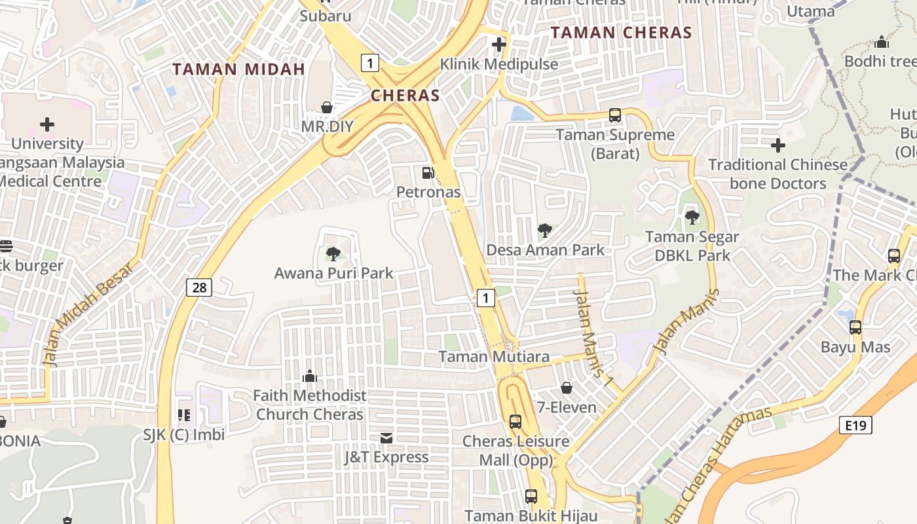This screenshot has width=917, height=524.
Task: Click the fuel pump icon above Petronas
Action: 428,173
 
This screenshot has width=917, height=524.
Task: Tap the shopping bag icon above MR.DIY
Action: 327,107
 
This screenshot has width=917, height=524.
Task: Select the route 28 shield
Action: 198,287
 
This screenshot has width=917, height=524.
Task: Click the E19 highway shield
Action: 855,426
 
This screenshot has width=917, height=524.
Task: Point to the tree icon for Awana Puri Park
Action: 333,254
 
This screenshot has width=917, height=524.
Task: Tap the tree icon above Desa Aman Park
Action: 544,231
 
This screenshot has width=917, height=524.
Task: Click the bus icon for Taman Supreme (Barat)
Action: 615,115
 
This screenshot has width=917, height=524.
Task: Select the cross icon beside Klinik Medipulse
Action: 499,45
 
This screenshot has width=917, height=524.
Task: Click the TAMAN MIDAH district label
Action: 239,69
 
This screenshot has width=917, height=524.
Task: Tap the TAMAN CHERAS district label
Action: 621,32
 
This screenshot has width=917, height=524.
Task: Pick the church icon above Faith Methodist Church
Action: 310,376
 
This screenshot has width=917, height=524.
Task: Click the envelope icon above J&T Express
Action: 386,438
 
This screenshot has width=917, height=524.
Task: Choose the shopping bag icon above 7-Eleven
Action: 567,388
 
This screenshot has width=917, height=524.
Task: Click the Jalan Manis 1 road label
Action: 592,334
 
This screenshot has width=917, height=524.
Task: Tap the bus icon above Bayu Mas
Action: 855,327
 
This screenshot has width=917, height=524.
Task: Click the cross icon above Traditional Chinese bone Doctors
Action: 778,145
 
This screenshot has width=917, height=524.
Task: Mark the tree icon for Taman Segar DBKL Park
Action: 692,217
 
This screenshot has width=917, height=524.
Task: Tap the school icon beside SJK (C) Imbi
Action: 184,415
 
